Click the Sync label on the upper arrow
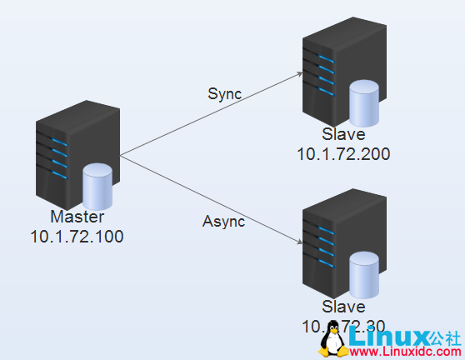coord(224,93)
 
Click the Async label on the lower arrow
coord(223,221)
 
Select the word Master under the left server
coord(77,217)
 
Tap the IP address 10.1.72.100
coord(77,236)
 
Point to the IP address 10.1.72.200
coord(343,153)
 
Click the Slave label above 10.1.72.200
coord(343,135)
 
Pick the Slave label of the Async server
coord(343,307)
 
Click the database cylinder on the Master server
coord(97,187)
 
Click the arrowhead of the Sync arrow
coord(300,74)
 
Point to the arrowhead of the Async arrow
coord(300,242)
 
